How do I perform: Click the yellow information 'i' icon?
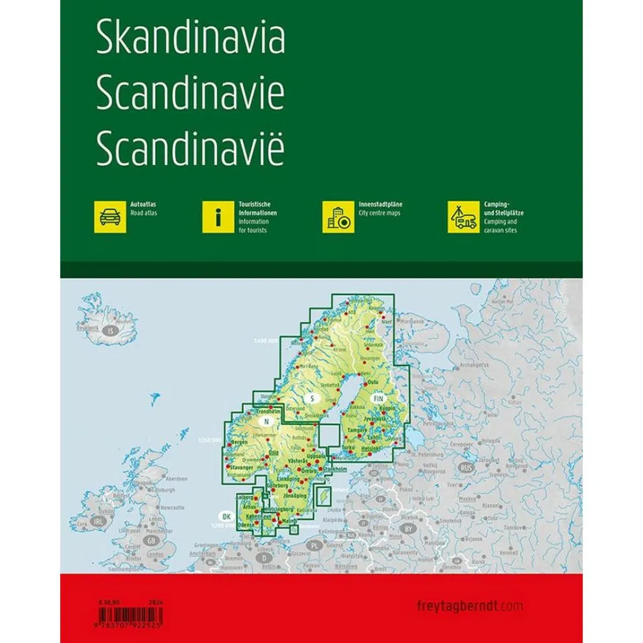click(x=218, y=217)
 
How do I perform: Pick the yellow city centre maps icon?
click(x=336, y=217)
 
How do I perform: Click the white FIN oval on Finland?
click(x=378, y=399)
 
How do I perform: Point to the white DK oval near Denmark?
click(x=227, y=516)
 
